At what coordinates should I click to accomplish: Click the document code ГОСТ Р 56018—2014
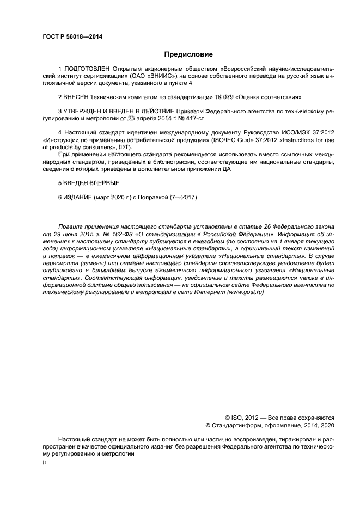point(72,37)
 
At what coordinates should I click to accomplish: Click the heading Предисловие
point(188,54)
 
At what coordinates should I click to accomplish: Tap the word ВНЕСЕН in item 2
point(80,96)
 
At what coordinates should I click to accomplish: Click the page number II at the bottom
point(45,462)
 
